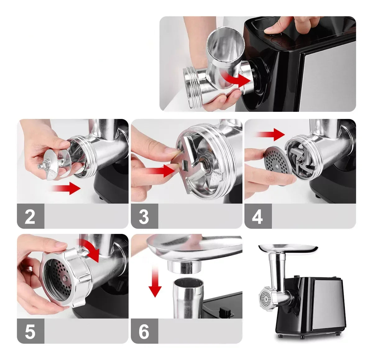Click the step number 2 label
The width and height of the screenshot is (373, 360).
pyautogui.click(x=30, y=216)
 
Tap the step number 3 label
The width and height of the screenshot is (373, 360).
pyautogui.click(x=144, y=216)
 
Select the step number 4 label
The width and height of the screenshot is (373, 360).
pyautogui.click(x=258, y=216)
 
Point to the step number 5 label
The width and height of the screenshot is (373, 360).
pyautogui.click(x=30, y=331)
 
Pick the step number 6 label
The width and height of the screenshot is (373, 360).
pyautogui.click(x=144, y=331)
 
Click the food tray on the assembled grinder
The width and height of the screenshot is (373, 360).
pyautogui.click(x=288, y=248)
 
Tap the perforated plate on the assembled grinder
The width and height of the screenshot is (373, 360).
pyautogui.click(x=265, y=298)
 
